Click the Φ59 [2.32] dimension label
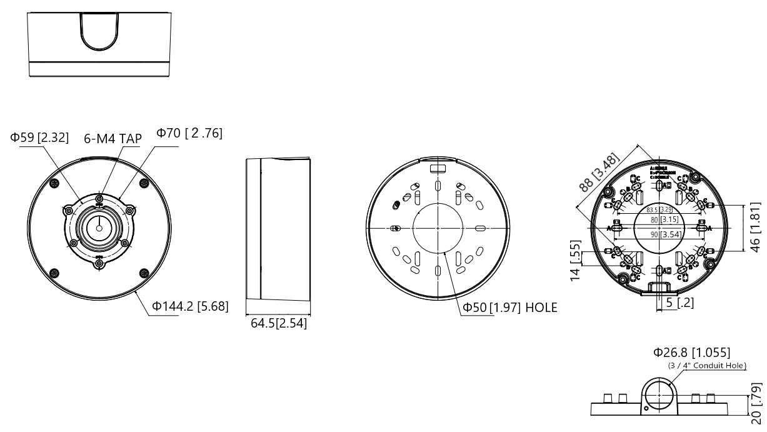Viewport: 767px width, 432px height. pos(39,138)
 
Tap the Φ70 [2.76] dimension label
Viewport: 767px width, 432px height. pos(189,134)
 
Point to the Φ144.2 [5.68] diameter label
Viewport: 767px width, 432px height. pos(191,306)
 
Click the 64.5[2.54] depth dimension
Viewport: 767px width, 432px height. pos(278,324)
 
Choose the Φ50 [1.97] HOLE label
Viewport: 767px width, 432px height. pos(509,308)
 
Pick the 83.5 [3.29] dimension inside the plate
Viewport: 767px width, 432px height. pos(659,209)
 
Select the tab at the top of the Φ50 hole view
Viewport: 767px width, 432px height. pos(438,168)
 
